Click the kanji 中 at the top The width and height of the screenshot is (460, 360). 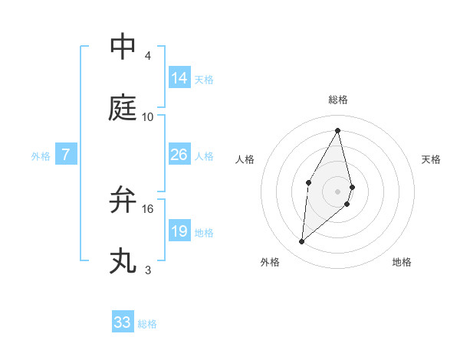pos(123,46)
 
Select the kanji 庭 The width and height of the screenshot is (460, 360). pos(123,109)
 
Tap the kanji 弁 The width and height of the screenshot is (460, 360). pos(123,199)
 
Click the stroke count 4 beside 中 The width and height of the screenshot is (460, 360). pos(148,56)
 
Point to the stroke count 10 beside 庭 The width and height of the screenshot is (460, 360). pos(148,117)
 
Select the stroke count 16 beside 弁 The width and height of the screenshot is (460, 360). pos(148,208)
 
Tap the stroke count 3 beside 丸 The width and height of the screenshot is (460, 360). pos(148,270)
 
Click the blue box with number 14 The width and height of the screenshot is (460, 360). pos(179,78)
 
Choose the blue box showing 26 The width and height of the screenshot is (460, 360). pos(179,155)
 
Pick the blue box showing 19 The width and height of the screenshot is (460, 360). pos(179,231)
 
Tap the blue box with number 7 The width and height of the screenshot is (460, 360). pos(66,155)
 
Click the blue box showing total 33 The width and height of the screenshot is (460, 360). pos(123,322)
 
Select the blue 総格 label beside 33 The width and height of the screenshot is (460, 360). pos(147,324)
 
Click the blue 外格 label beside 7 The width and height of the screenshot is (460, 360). pos(41,156)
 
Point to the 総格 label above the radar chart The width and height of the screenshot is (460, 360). pos(338,100)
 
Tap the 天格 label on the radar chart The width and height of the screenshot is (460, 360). pos(431,159)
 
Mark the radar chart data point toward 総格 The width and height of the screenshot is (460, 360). pos(338,131)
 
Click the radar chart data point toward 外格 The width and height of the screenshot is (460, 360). pos(302,242)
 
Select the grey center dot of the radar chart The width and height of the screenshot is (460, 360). pos(338,190)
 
